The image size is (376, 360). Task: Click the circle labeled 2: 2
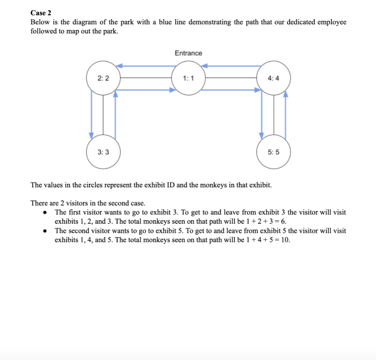(x=103, y=78)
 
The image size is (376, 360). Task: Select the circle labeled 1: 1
(x=188, y=78)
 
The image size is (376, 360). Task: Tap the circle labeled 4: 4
(x=274, y=78)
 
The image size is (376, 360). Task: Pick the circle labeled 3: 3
(x=103, y=152)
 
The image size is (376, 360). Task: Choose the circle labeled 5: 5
(x=274, y=152)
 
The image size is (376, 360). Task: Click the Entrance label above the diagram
(x=188, y=53)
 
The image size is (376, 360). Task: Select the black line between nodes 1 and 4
(x=231, y=78)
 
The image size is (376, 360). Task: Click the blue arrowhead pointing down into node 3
(x=91, y=135)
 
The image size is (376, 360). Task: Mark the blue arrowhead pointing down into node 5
(x=261, y=135)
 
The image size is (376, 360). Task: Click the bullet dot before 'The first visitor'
(x=45, y=212)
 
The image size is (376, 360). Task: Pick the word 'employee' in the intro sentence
(x=332, y=22)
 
